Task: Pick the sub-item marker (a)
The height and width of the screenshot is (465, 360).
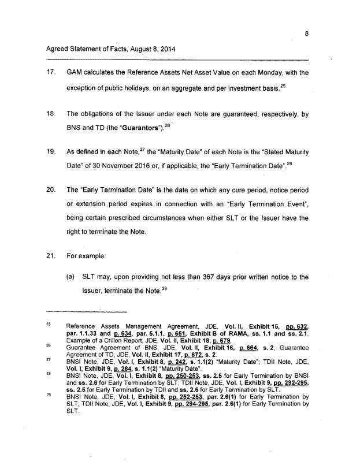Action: [x=72, y=277]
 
